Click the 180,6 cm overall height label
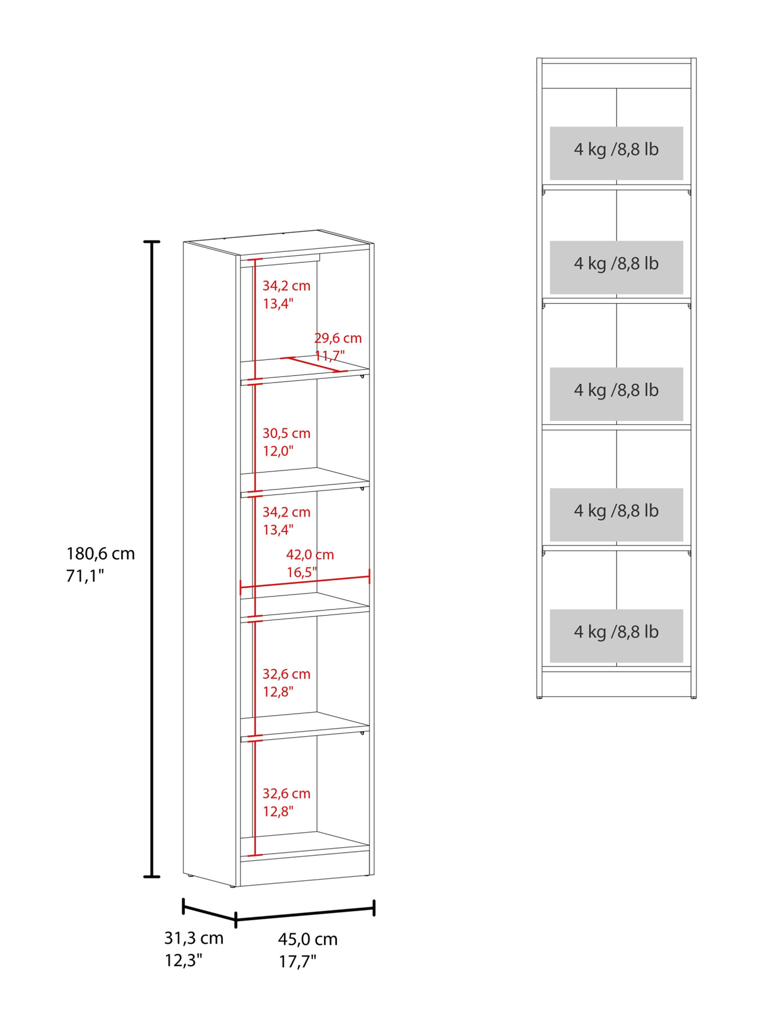[101, 554]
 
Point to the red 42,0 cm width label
[310, 555]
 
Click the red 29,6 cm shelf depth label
[338, 338]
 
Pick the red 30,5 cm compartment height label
[286, 433]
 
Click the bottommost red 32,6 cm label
[286, 793]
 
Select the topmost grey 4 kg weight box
[616, 153]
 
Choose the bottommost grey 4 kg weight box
[616, 636]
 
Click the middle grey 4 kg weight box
[616, 394]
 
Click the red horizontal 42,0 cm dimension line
[305, 582]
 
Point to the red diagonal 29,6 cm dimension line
[313, 364]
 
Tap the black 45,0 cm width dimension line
[305, 913]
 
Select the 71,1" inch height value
[85, 576]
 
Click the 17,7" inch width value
[297, 962]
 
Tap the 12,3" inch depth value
[184, 961]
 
